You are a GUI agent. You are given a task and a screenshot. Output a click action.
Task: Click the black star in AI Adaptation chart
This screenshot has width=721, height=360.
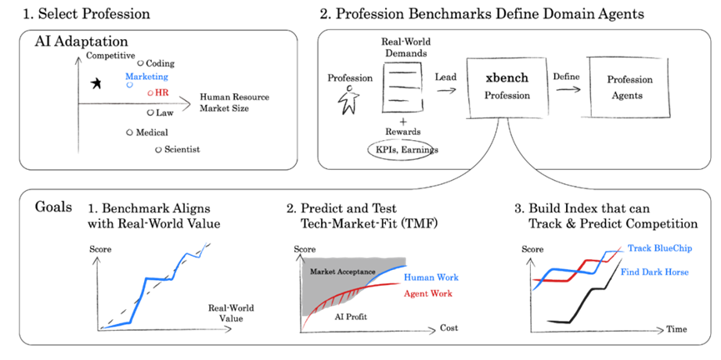pyautogui.click(x=96, y=83)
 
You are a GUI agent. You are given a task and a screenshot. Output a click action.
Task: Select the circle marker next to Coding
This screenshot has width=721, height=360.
pyautogui.click(x=141, y=63)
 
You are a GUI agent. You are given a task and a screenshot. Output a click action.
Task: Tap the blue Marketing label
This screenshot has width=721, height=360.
pyautogui.click(x=147, y=77)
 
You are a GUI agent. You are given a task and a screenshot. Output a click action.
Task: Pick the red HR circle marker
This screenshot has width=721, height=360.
pyautogui.click(x=150, y=92)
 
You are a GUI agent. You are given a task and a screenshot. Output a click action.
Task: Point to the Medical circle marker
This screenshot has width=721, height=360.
pyautogui.click(x=129, y=132)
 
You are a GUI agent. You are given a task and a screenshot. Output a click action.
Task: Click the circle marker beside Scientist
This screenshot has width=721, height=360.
pyautogui.click(x=158, y=149)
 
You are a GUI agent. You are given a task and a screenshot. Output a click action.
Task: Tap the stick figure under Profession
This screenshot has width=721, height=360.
pyautogui.click(x=349, y=99)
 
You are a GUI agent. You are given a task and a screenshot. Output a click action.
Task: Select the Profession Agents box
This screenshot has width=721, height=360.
pyautogui.click(x=629, y=87)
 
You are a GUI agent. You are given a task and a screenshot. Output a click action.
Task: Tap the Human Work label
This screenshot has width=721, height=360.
pyautogui.click(x=431, y=277)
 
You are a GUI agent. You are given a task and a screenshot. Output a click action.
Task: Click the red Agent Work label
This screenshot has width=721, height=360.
pyautogui.click(x=428, y=292)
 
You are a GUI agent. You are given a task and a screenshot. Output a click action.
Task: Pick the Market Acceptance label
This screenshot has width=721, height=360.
pyautogui.click(x=343, y=271)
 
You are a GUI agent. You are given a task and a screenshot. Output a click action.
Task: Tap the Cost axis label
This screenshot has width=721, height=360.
pyautogui.click(x=448, y=328)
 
